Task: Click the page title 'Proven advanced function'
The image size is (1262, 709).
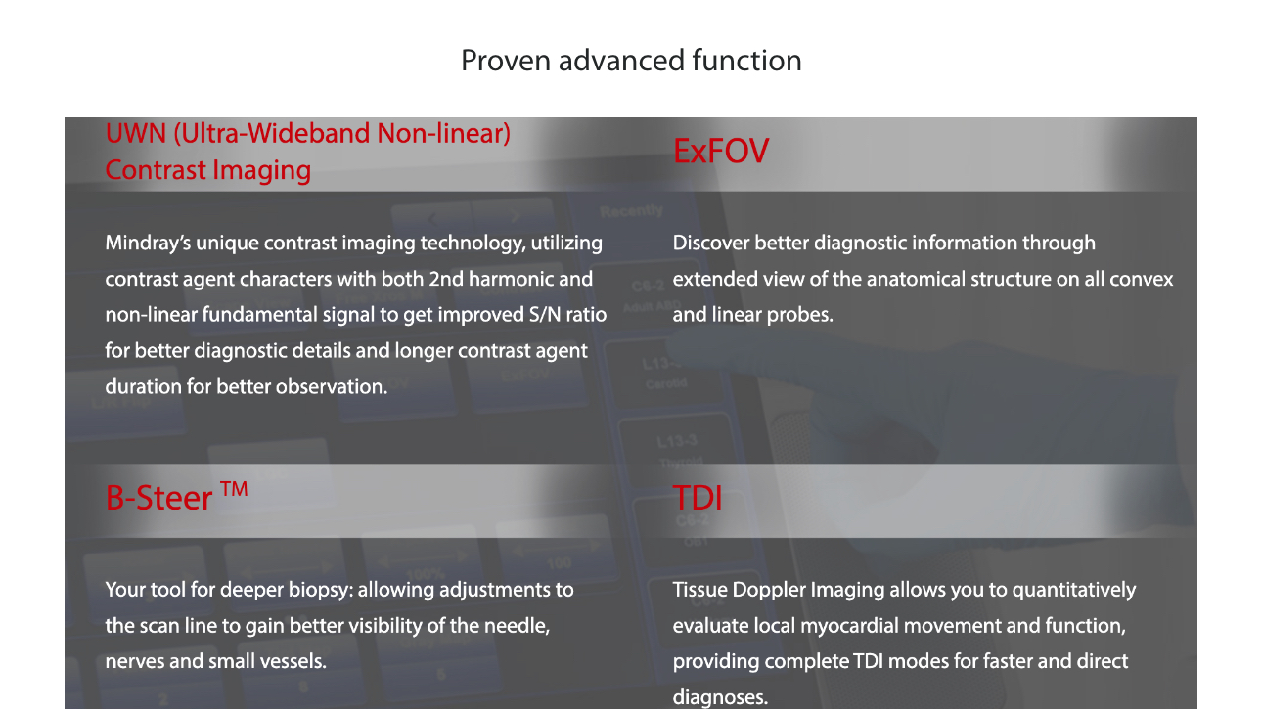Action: click(x=631, y=61)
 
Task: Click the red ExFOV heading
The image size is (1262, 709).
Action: click(x=721, y=151)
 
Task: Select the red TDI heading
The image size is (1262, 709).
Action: click(x=698, y=498)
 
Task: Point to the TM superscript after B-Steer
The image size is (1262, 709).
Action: click(x=234, y=489)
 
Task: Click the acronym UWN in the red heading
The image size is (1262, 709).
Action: click(x=136, y=133)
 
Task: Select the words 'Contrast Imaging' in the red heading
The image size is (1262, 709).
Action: click(x=208, y=170)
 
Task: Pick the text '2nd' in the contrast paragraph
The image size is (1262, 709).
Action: click(x=446, y=279)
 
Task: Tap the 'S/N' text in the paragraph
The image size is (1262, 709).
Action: click(x=544, y=314)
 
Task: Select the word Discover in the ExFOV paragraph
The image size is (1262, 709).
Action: click(x=711, y=243)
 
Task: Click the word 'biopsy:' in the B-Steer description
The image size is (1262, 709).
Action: click(x=321, y=590)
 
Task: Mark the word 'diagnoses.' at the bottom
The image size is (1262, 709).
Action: click(x=721, y=697)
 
